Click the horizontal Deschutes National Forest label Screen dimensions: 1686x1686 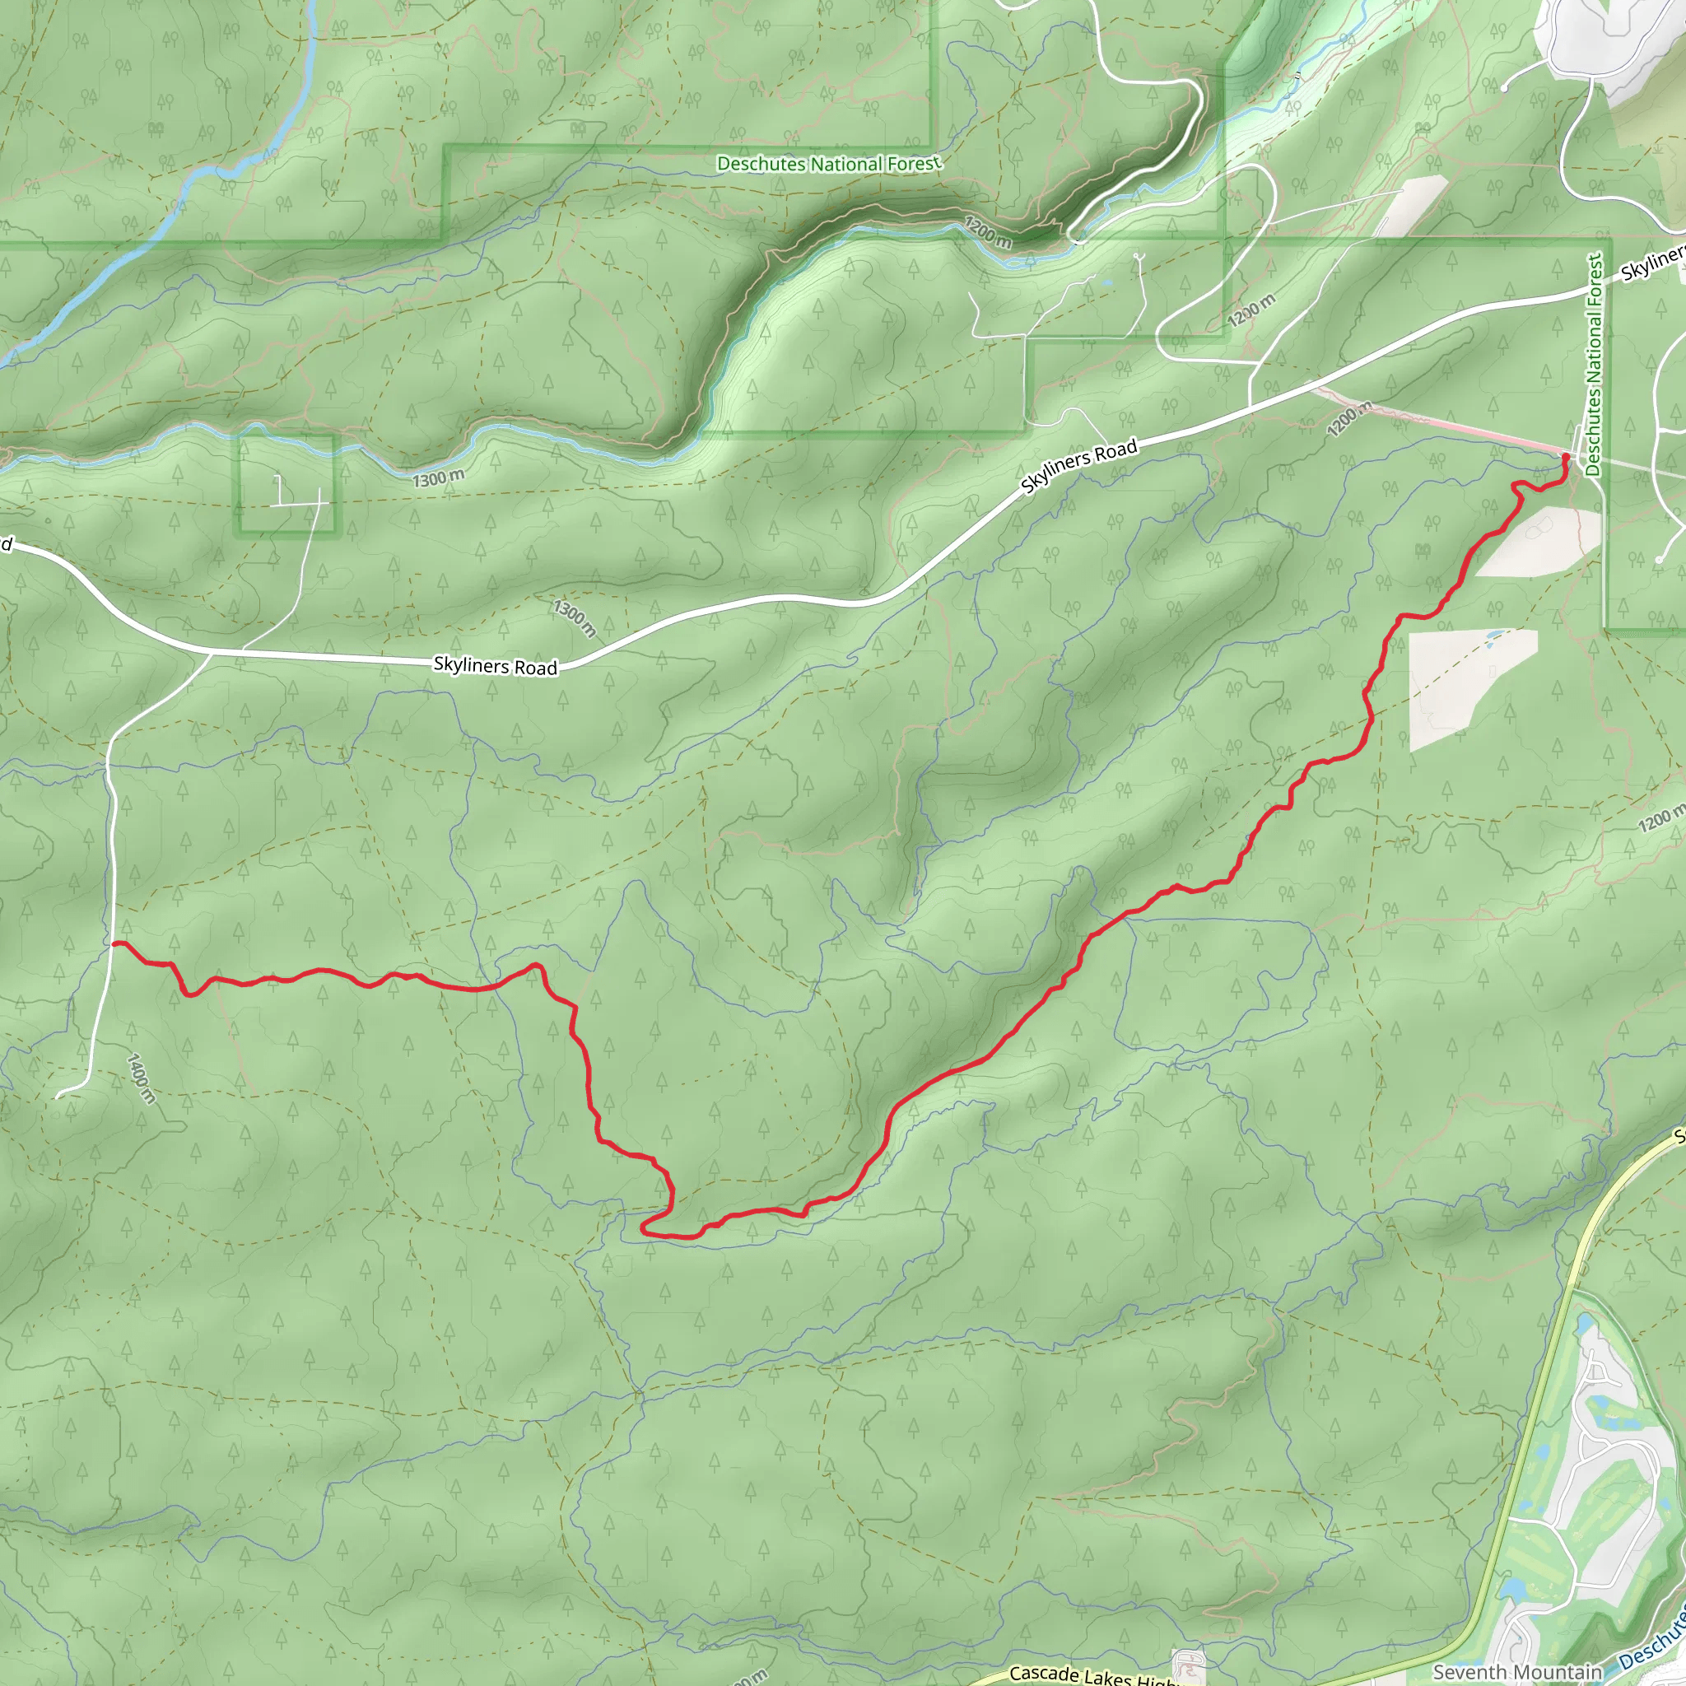(x=828, y=164)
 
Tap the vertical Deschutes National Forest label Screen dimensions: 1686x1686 (x=1595, y=365)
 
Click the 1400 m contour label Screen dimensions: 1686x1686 (x=142, y=1078)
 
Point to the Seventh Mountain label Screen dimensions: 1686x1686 (x=1517, y=1672)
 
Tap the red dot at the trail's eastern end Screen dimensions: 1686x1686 (x=1565, y=457)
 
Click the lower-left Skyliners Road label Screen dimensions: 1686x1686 (x=495, y=666)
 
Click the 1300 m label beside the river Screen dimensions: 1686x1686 (x=438, y=478)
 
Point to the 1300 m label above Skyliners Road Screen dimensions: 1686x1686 (x=575, y=618)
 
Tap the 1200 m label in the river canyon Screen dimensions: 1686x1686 (x=987, y=232)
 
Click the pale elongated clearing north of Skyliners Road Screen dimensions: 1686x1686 (x=1406, y=206)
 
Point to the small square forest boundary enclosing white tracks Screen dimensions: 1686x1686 (x=286, y=484)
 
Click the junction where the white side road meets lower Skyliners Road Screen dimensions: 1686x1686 (x=212, y=652)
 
